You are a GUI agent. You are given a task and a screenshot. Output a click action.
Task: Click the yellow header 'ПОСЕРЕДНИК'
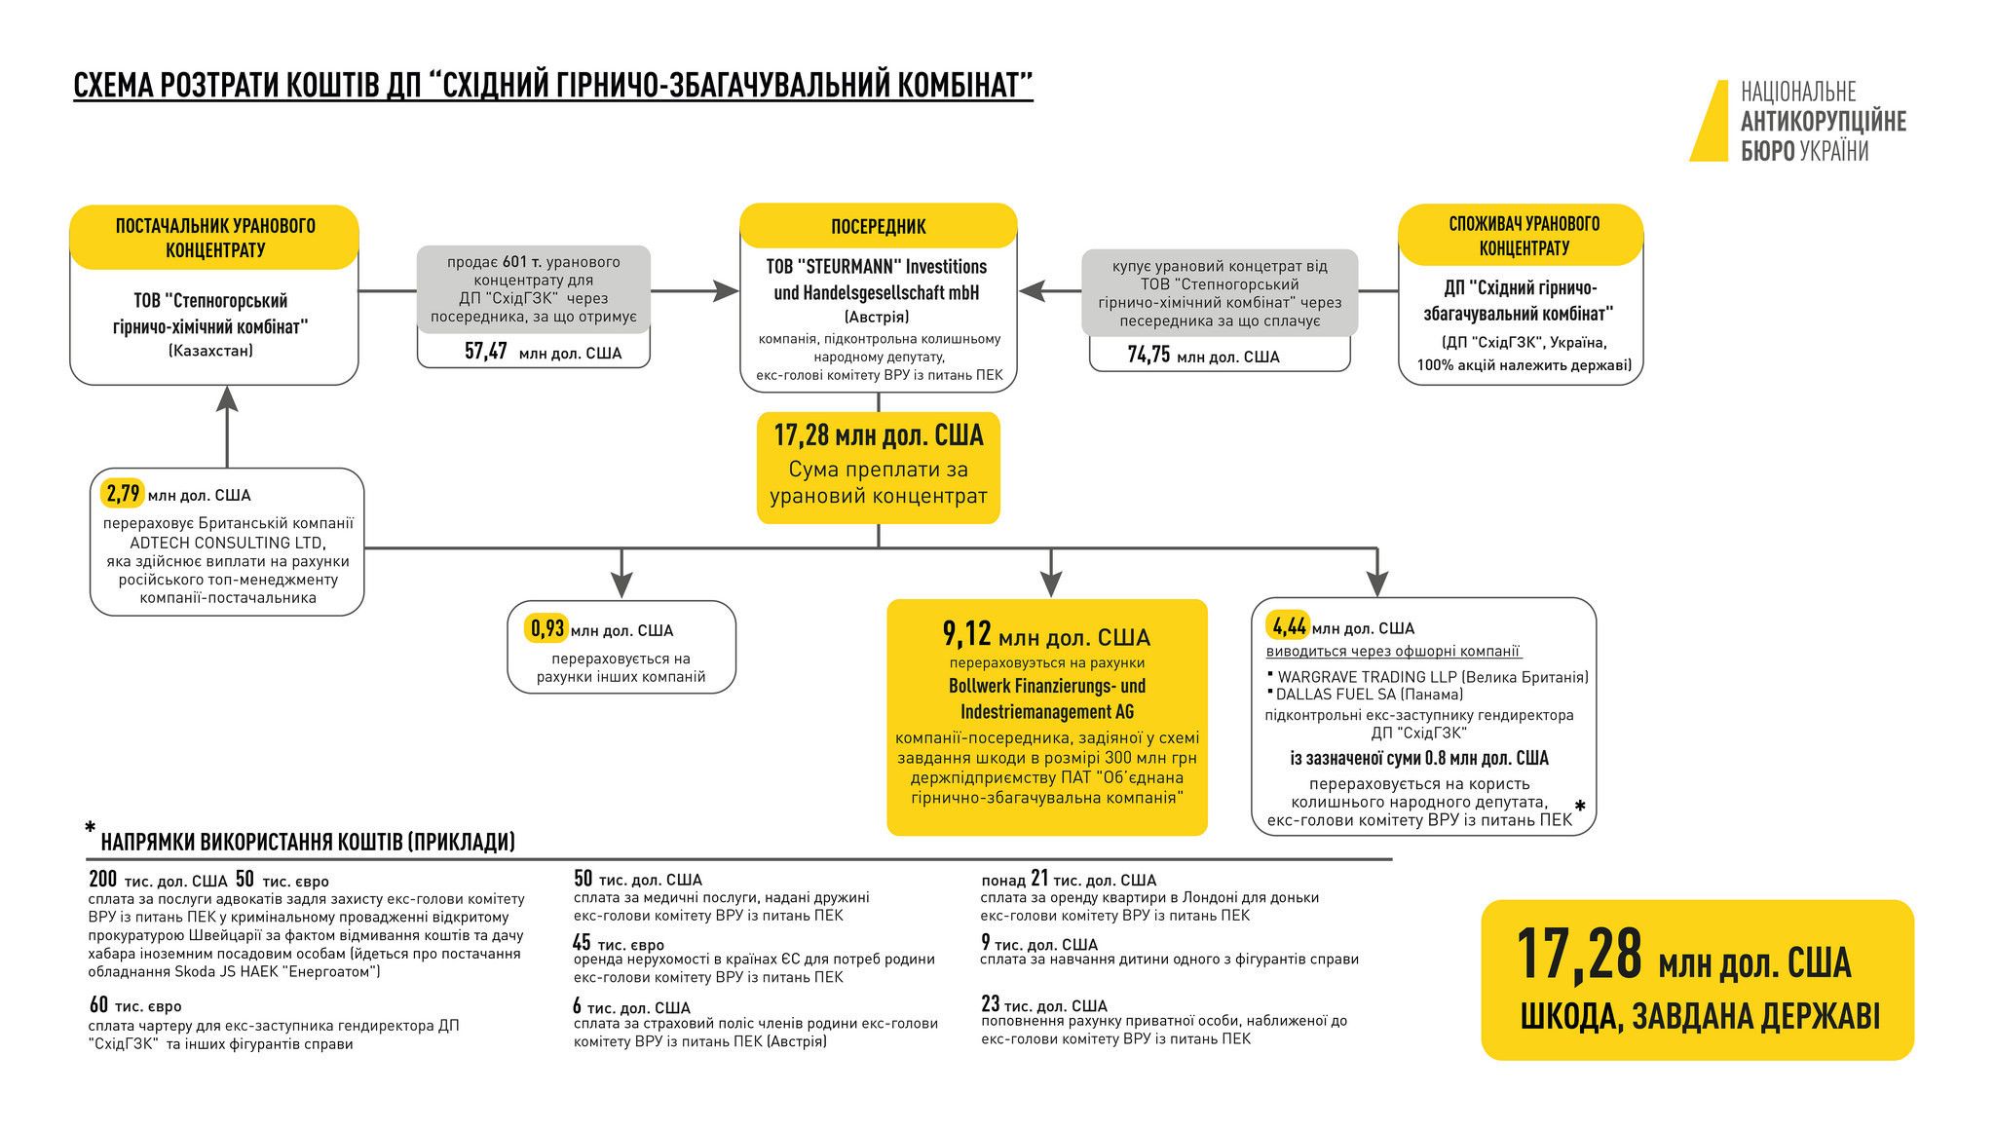878,227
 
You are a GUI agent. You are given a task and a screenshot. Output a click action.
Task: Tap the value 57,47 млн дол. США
543,352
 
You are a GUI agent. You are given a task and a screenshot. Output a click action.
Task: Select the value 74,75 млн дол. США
1203,356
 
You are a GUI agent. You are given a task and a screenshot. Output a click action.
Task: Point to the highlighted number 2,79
123,494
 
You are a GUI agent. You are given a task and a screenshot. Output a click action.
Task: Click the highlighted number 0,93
546,629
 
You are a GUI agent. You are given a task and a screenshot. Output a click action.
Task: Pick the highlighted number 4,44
1286,626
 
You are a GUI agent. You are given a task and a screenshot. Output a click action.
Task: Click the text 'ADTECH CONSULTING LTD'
227,543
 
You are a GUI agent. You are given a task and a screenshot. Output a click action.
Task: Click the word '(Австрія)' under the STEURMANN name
877,318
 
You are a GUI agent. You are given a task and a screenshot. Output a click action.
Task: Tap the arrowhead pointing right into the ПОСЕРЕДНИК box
727,290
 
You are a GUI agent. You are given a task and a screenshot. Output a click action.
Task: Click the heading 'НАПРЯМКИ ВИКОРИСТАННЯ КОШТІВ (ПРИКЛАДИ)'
308,842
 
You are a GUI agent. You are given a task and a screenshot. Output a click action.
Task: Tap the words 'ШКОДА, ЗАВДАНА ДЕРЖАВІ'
1700,1016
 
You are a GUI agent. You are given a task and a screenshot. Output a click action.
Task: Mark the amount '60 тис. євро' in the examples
134,1004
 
